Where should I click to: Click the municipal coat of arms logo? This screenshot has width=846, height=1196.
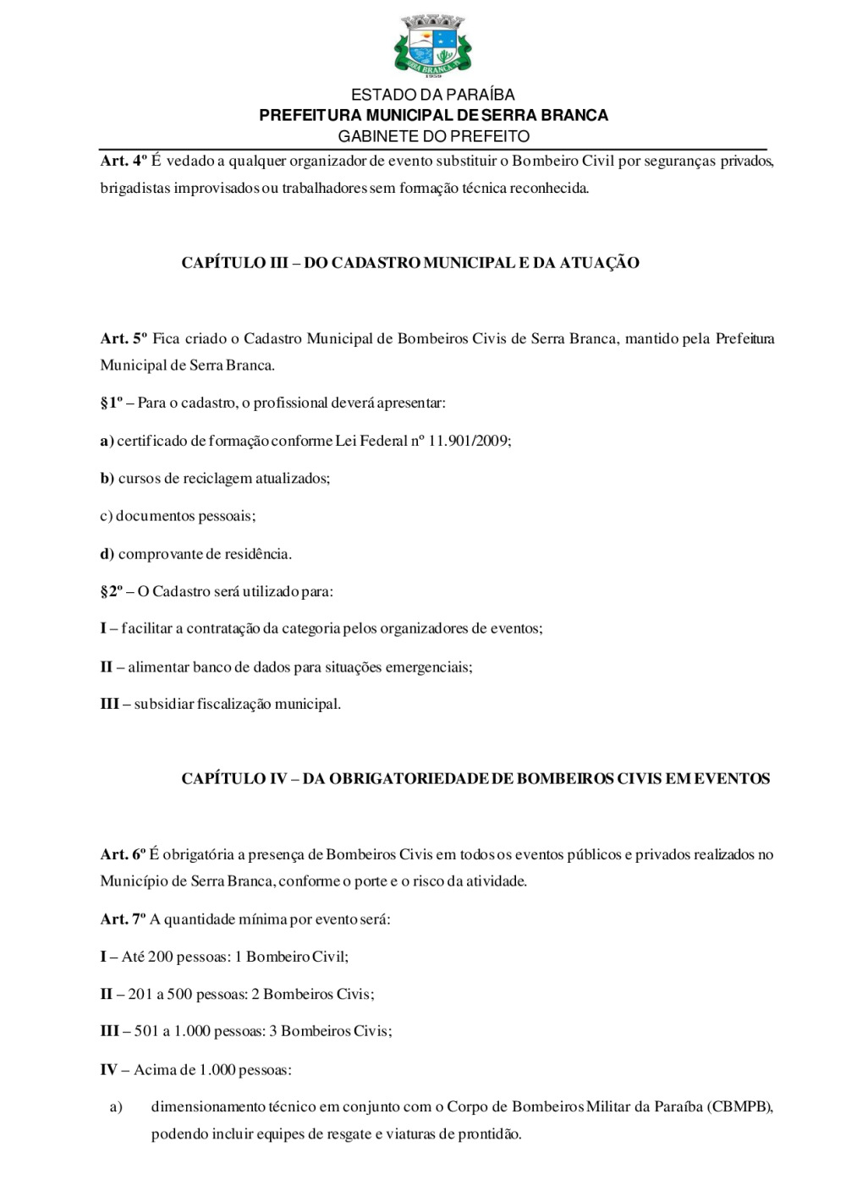pos(433,44)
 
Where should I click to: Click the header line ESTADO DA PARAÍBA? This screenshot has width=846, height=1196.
pos(433,95)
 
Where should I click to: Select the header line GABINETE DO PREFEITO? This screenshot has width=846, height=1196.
pos(433,136)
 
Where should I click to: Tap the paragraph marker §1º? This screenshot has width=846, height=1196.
pos(111,403)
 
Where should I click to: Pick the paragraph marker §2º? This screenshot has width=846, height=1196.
pos(111,592)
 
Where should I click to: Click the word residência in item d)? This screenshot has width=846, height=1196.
pos(257,555)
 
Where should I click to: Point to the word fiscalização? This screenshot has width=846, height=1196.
pos(238,705)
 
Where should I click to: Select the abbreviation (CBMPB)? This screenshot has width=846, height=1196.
pos(739,1107)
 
